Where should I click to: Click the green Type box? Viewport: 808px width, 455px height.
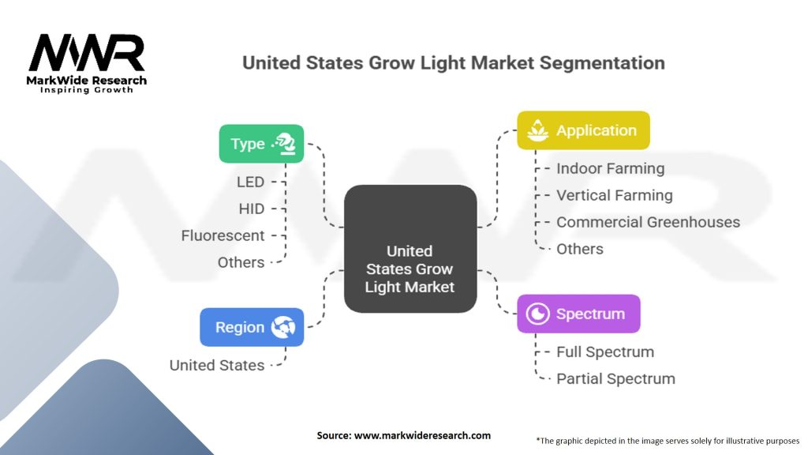click(261, 144)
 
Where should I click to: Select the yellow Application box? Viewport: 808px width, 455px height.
click(583, 131)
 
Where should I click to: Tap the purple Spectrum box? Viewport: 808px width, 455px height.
click(578, 314)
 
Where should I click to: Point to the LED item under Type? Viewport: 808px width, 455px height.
click(250, 182)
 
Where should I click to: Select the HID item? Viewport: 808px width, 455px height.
click(251, 209)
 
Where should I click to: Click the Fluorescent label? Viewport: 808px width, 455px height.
click(223, 235)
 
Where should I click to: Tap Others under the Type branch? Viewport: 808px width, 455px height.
click(241, 262)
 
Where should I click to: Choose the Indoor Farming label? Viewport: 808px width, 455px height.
click(610, 168)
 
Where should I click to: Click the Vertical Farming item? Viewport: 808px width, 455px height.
click(614, 195)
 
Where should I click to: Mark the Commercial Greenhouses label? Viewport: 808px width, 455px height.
click(648, 222)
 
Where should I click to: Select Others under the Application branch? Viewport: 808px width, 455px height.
click(579, 249)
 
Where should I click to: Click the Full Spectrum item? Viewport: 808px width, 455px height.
click(605, 352)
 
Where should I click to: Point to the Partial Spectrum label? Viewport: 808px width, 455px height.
click(615, 378)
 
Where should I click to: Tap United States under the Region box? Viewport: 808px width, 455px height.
click(217, 365)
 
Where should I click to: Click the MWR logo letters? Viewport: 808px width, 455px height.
click(87, 54)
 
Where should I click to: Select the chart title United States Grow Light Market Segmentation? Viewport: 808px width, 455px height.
click(453, 62)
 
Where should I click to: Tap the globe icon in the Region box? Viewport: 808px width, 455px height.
click(282, 327)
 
